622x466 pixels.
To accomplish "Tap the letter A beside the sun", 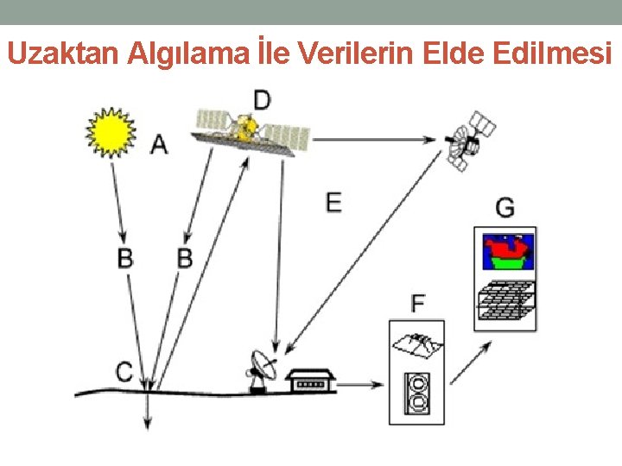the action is click(x=159, y=144).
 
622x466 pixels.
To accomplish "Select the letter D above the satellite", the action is click(x=261, y=98).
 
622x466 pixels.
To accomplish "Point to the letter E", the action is click(x=333, y=202).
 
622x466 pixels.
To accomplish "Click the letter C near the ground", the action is click(x=125, y=372).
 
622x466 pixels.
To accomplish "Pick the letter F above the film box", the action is click(x=418, y=303).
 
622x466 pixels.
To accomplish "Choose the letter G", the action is click(x=505, y=208).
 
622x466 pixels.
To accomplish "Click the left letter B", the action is click(x=125, y=256).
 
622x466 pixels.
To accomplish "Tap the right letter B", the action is click(x=184, y=256).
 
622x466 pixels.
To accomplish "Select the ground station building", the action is click(x=310, y=381).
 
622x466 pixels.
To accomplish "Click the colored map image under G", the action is click(x=506, y=251).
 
